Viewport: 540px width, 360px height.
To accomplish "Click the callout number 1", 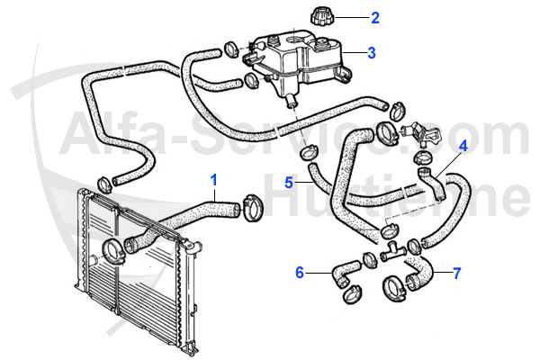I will click(x=214, y=179).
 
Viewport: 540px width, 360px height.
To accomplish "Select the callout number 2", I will click(x=375, y=16).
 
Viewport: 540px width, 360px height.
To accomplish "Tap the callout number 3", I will click(x=372, y=52).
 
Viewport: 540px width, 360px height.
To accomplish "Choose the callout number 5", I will click(x=289, y=182).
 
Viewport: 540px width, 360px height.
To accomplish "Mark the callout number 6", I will click(x=300, y=270).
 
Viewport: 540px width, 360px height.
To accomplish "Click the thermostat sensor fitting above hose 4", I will click(x=422, y=130).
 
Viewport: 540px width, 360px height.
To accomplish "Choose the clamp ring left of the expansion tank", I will click(x=231, y=47).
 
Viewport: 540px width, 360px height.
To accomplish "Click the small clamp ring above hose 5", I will click(x=309, y=150).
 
